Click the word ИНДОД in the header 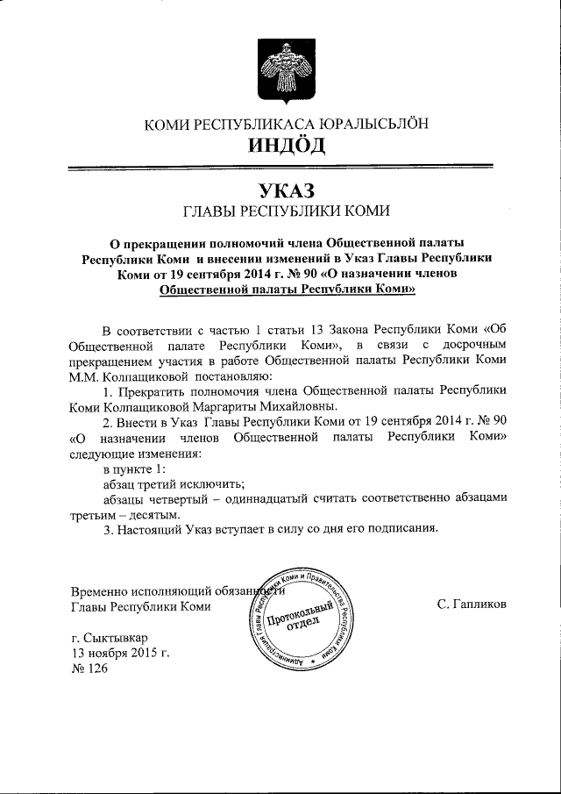[x=286, y=144]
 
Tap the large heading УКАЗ [x=286, y=190]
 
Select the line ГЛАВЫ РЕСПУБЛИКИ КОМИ [x=286, y=211]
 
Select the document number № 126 [x=88, y=669]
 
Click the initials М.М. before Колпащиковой [x=83, y=375]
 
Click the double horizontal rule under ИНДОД [x=286, y=168]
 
